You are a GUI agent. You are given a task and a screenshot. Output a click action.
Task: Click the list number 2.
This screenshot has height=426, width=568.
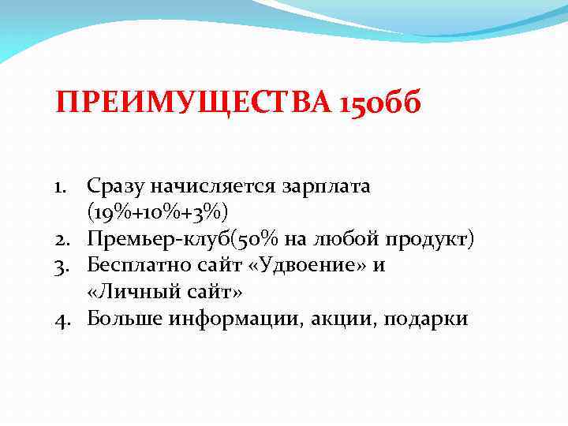point(65,240)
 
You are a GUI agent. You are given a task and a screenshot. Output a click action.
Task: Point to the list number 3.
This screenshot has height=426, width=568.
point(65,266)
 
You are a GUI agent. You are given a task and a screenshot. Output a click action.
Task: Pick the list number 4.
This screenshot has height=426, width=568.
point(65,319)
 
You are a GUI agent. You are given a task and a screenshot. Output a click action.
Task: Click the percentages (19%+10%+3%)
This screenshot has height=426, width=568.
point(157,213)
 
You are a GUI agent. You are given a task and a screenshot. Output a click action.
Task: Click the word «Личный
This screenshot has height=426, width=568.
point(126,293)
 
